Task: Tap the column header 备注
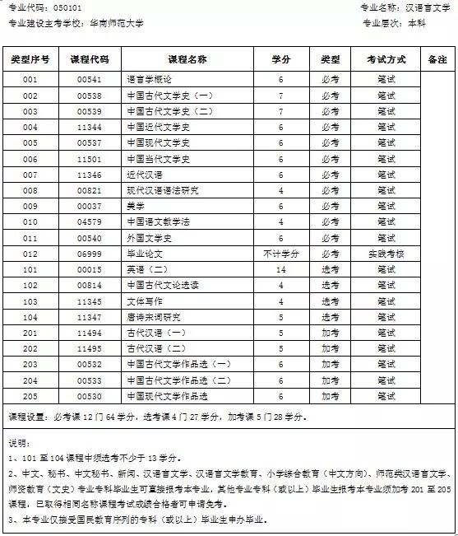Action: (437, 60)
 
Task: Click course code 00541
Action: (89, 81)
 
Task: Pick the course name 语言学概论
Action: (149, 81)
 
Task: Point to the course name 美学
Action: (136, 206)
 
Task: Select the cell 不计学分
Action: (280, 254)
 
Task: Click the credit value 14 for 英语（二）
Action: (280, 269)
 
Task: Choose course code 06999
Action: (89, 254)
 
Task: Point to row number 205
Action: (30, 396)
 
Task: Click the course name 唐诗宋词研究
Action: (154, 317)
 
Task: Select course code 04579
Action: (89, 222)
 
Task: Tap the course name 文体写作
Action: (142, 301)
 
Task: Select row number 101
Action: (30, 269)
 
